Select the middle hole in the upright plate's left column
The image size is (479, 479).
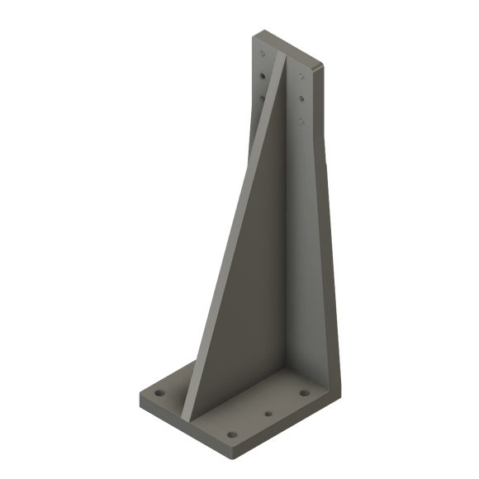tap(262, 77)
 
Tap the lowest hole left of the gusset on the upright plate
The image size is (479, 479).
tap(262, 97)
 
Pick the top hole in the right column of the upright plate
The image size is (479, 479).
tap(301, 77)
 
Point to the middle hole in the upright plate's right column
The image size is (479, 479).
tap(301, 98)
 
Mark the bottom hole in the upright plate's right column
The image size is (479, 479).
tap(301, 121)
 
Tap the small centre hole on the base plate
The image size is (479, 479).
tap(268, 410)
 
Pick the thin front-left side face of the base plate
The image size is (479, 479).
tap(182, 425)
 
